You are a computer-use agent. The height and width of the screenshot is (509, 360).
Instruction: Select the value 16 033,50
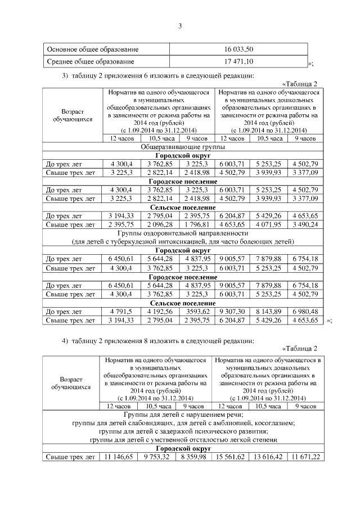[238, 49]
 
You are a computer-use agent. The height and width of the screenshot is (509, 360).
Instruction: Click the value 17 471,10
[238, 61]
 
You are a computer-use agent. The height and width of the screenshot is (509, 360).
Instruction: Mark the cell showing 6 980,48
[304, 311]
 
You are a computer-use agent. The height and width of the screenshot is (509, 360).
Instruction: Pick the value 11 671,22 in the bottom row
[304, 457]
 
